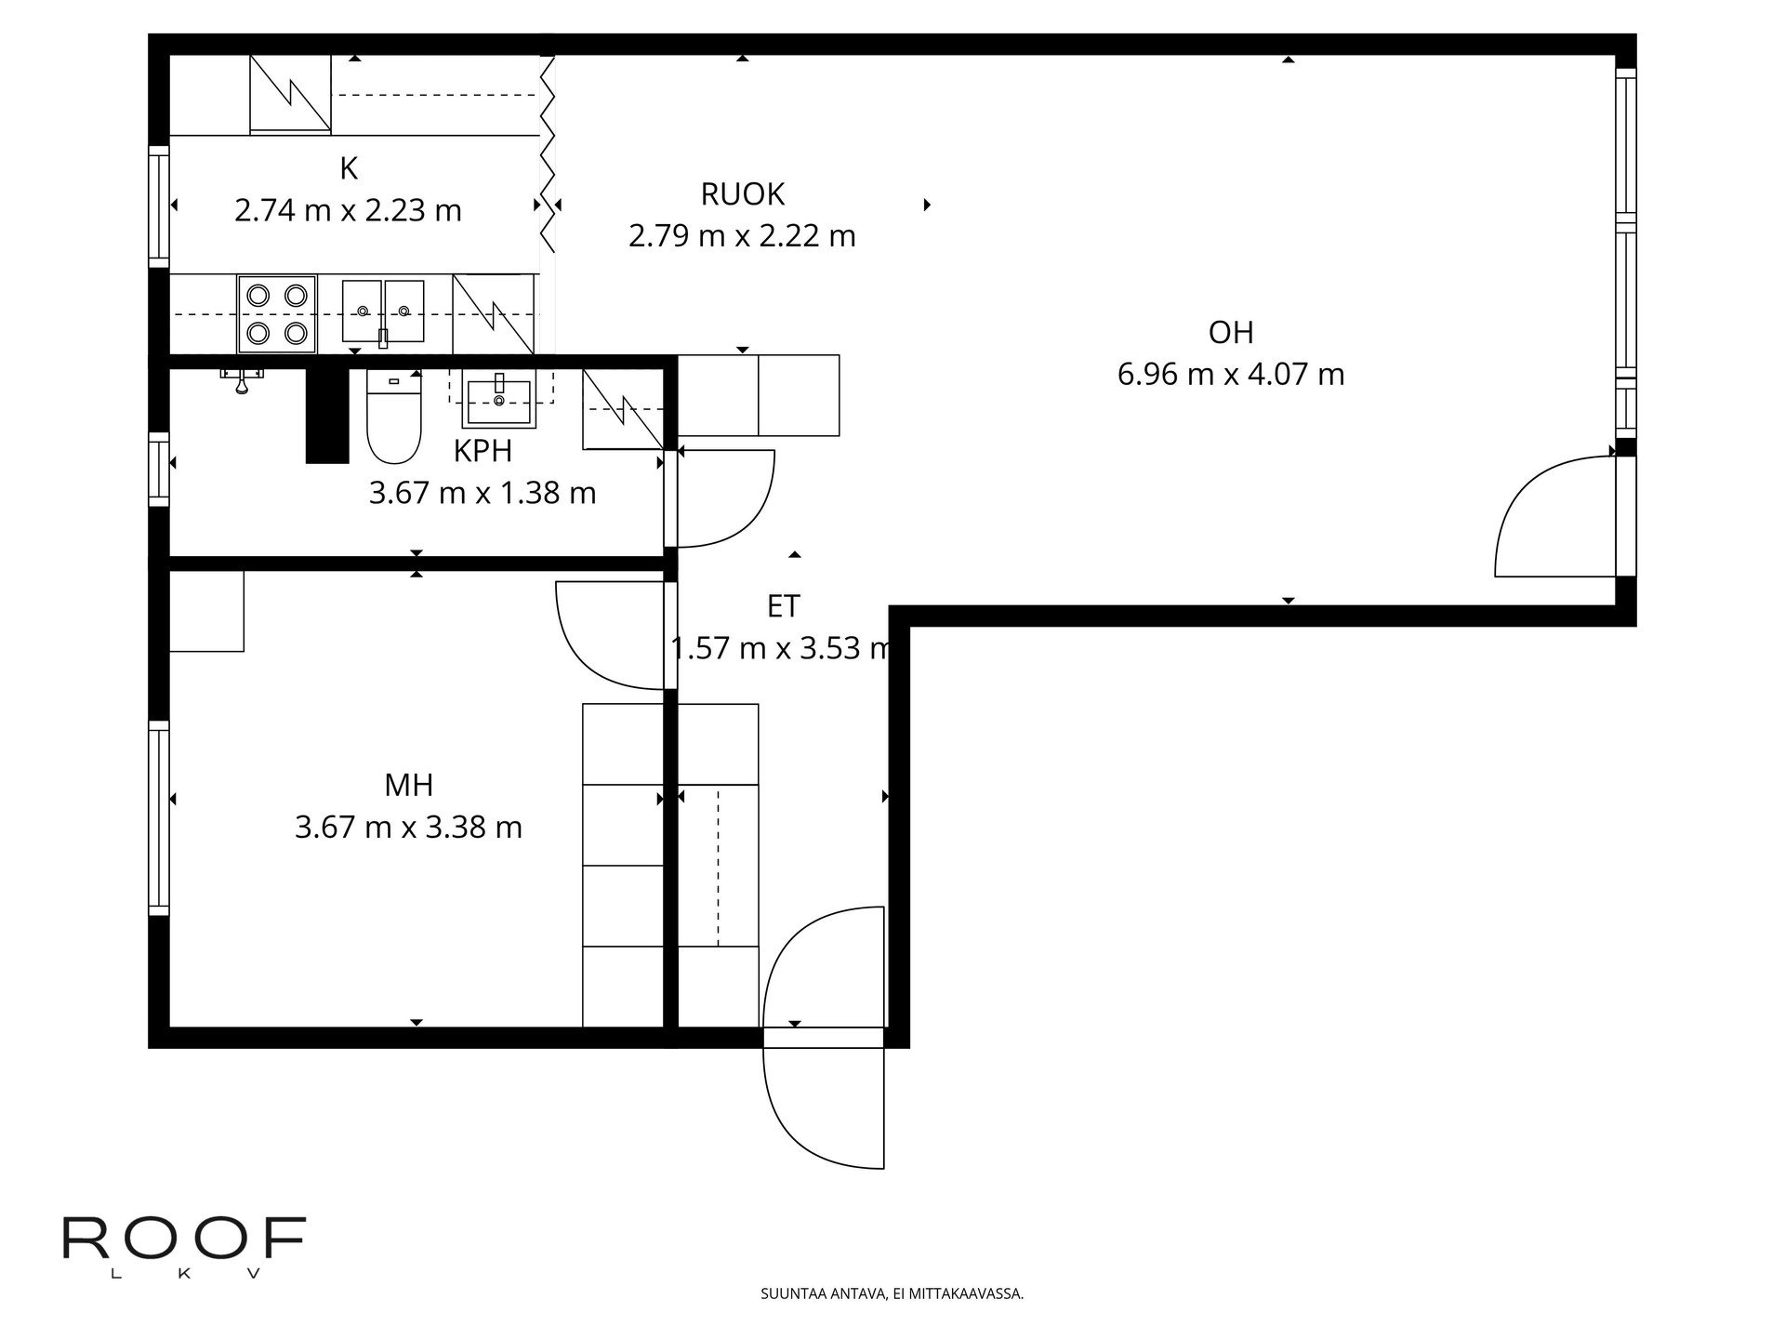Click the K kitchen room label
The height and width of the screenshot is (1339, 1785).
pos(349,168)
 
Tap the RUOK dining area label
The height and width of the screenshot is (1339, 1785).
pos(742,193)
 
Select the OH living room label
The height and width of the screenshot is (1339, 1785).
pos(1231,332)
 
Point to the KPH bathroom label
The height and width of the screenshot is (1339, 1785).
pos(483,451)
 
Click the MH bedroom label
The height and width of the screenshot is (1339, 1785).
pos(409,786)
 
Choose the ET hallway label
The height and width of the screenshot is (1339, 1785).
pos(783,606)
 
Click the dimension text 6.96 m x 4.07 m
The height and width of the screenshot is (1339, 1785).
pos(1231,375)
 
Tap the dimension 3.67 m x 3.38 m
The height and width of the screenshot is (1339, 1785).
pos(409,827)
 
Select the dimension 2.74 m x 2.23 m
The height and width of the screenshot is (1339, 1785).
pos(349,211)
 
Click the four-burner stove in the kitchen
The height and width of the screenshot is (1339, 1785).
pos(277,314)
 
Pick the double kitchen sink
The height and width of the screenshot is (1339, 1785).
pos(383,312)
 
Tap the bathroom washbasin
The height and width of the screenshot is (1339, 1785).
pos(500,400)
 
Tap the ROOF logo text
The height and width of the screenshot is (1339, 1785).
pos(184,1240)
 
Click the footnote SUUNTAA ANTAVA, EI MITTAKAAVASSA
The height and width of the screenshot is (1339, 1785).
pos(892,1293)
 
